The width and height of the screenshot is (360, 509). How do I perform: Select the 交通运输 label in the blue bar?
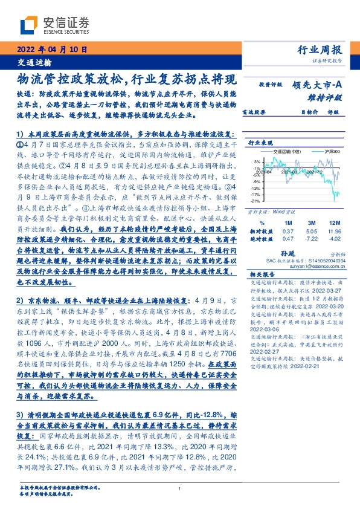coord(33,62)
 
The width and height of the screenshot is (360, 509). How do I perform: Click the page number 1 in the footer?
coord(179,489)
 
